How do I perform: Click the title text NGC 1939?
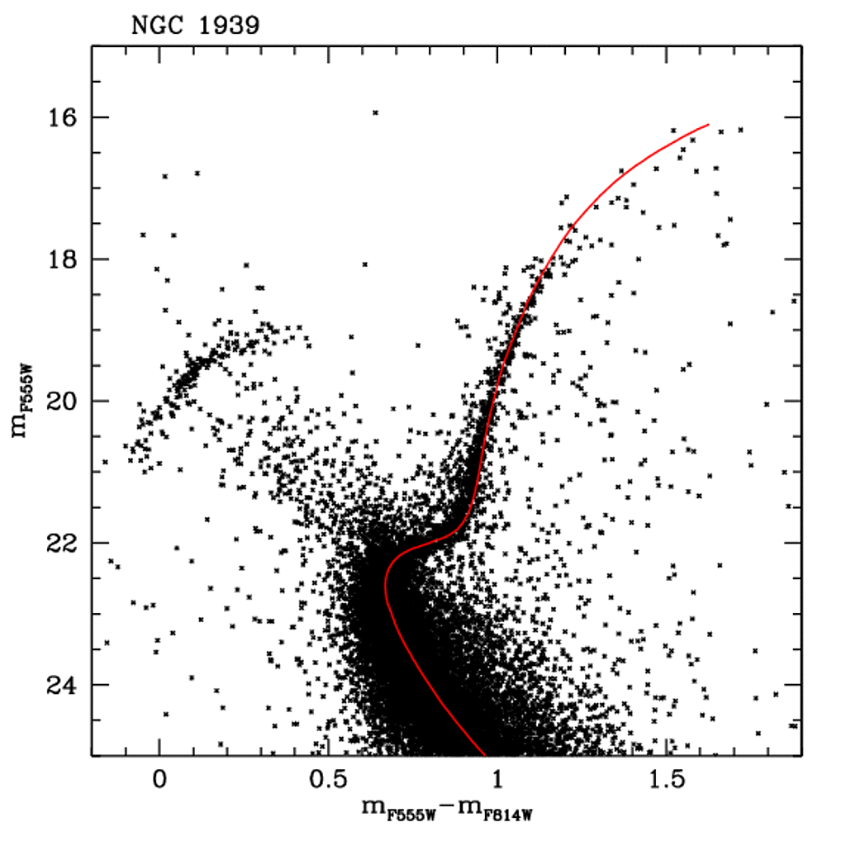[x=196, y=26]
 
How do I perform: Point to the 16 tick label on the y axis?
[x=63, y=117]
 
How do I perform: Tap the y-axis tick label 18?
[x=63, y=259]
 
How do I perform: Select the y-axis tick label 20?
[x=63, y=402]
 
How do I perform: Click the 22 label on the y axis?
[x=63, y=544]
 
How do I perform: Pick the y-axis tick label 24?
[x=63, y=686]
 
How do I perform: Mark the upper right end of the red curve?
[x=708, y=125]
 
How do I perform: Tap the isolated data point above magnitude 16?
[x=375, y=112]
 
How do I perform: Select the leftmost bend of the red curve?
[x=385, y=583]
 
